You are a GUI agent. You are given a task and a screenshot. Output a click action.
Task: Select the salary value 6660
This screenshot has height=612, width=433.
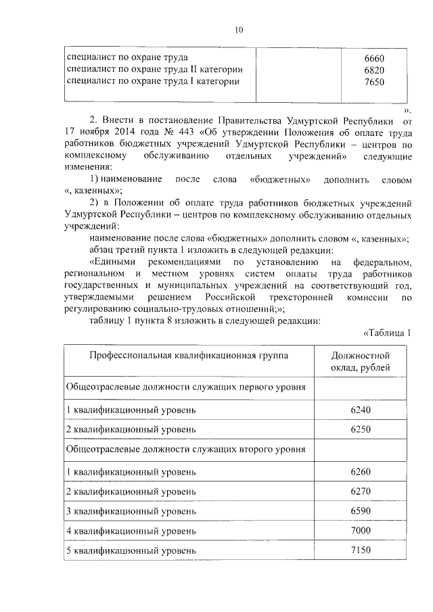point(374,57)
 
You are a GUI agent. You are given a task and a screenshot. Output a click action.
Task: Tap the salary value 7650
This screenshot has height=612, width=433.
point(374,81)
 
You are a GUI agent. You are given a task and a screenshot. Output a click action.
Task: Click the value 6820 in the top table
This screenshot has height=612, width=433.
point(374,70)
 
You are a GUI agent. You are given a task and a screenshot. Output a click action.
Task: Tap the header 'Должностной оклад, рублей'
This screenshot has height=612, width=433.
point(360,361)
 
